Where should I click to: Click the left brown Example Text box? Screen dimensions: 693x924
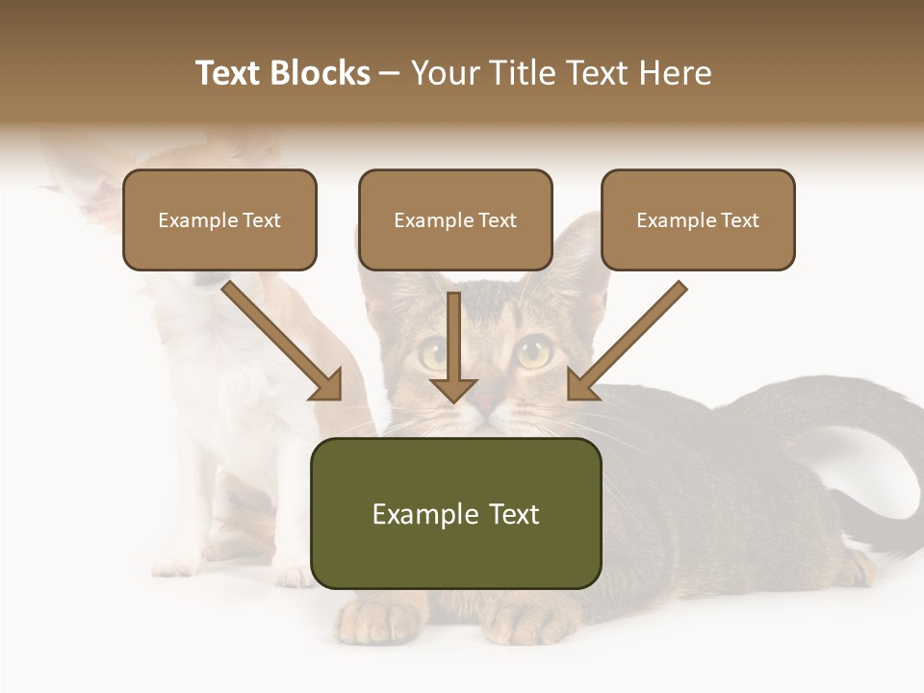[x=219, y=220]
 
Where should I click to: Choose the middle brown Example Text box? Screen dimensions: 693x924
[x=455, y=220]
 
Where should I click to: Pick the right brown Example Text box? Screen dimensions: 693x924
[x=698, y=220]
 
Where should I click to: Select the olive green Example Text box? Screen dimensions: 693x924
[x=455, y=514]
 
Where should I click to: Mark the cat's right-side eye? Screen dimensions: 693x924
[x=532, y=352]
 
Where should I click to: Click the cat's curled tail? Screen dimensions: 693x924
[x=866, y=433]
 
